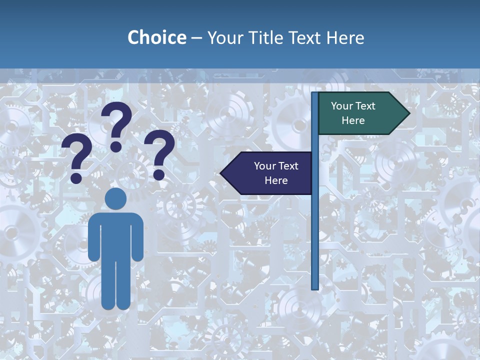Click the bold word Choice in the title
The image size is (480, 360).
(156, 37)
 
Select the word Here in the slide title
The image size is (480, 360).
(345, 37)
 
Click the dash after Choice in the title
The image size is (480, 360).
(196, 38)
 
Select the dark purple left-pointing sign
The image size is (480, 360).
(270, 173)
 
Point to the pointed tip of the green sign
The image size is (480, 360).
(408, 113)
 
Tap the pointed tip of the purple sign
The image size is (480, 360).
(221, 173)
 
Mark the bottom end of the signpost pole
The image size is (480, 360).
(315, 287)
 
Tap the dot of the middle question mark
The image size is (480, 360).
(116, 146)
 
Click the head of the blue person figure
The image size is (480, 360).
(115, 199)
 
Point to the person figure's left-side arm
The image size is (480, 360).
(93, 237)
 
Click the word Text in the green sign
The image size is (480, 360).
(364, 106)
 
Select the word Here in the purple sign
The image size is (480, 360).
(276, 180)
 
